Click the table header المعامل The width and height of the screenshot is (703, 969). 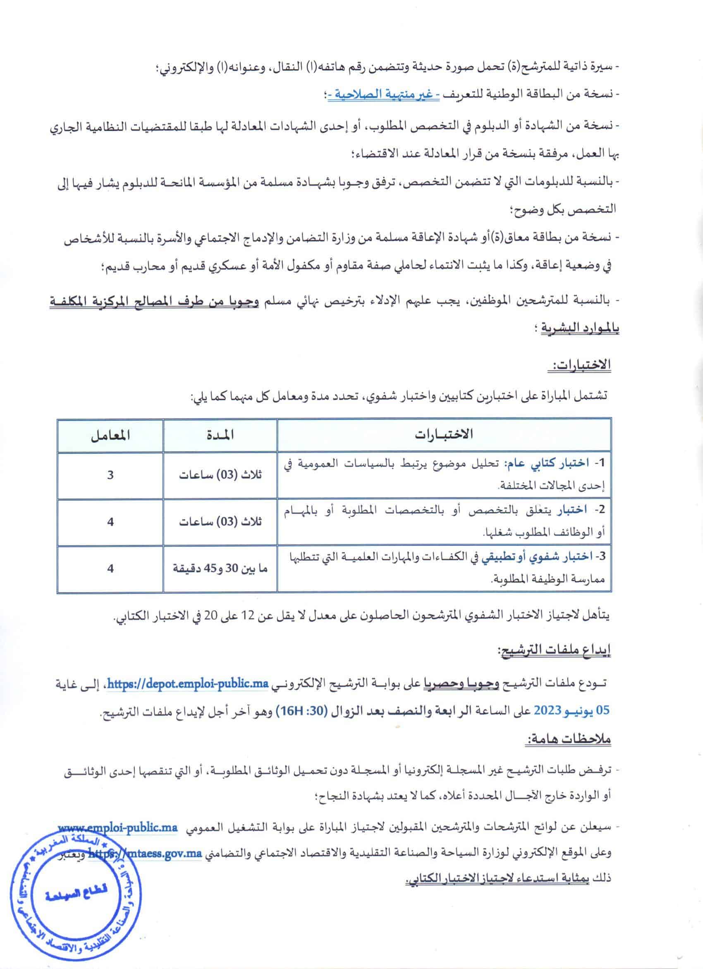[110, 435]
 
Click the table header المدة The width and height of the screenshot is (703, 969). [220, 435]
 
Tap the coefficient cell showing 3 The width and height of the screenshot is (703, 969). [110, 475]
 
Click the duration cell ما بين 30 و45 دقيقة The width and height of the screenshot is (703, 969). [220, 568]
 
